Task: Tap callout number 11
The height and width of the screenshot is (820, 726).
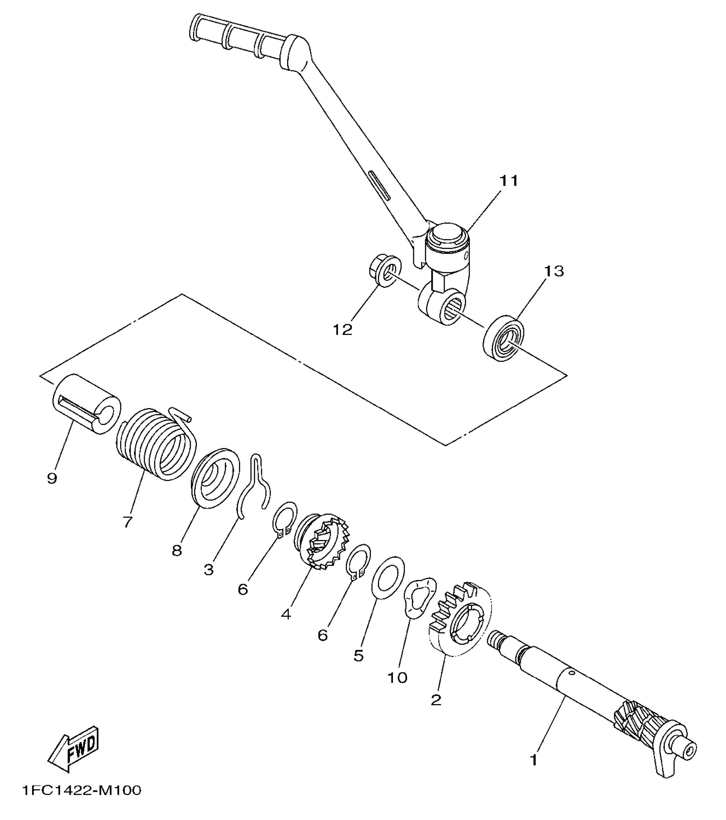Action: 508,181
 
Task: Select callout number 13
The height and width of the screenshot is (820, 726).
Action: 553,271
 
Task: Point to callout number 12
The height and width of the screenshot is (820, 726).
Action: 343,330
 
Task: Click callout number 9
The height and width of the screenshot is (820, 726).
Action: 52,478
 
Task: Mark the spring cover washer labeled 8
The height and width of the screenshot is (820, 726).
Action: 215,477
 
